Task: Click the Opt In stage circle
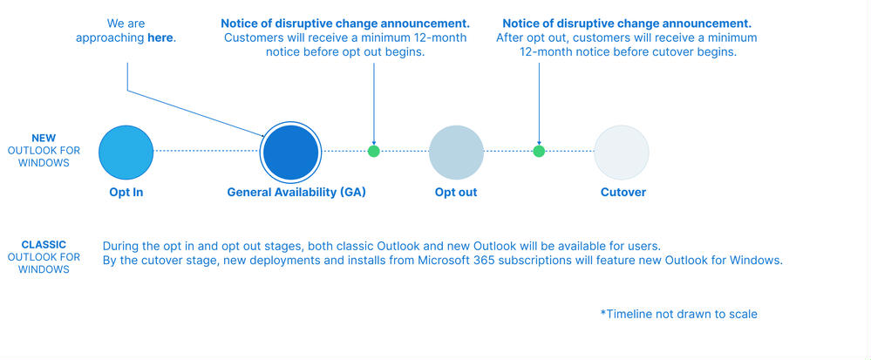point(126,153)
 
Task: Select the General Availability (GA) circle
point(290,153)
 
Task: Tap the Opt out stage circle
point(456,153)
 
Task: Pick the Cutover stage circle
point(622,153)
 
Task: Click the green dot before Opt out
point(374,151)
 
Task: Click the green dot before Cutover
point(539,151)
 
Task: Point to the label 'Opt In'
point(126,193)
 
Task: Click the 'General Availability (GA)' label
point(296,193)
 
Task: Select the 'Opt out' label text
point(456,193)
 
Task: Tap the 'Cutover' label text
point(623,193)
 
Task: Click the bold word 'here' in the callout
point(160,38)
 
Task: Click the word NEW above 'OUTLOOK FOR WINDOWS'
point(44,139)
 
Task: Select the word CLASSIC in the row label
point(44,244)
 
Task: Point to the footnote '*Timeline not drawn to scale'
point(678,315)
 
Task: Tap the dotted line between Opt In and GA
point(207,151)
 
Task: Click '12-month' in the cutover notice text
point(544,53)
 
